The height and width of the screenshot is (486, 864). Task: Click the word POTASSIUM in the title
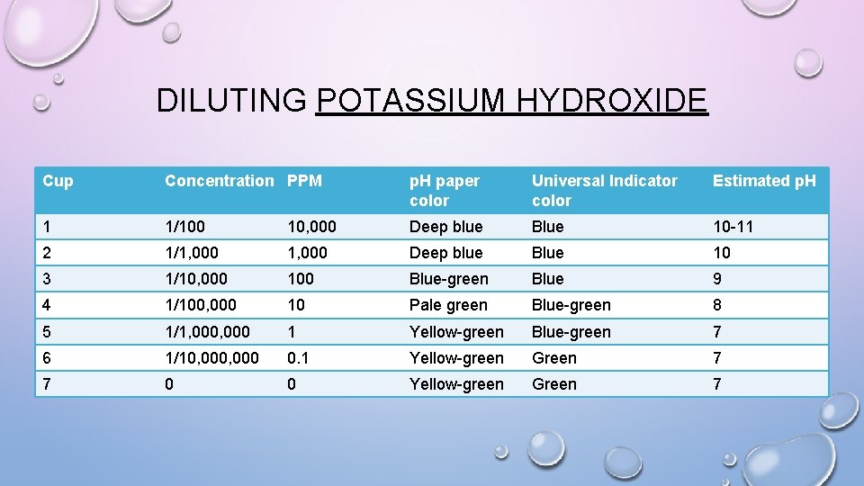tap(410, 100)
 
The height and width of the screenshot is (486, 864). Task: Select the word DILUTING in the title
tap(231, 100)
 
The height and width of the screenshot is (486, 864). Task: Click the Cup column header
tap(58, 181)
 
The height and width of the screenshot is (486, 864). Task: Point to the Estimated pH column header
tap(764, 181)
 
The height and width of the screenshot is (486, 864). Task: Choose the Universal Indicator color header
tap(604, 190)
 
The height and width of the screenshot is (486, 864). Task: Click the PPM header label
tap(304, 181)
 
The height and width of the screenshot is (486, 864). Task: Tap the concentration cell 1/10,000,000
tap(211, 358)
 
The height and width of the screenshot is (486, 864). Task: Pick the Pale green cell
tap(448, 305)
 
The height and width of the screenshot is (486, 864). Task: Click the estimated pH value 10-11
tap(733, 227)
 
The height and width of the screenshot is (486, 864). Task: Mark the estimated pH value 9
tap(718, 279)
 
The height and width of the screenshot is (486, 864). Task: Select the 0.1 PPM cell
tap(299, 358)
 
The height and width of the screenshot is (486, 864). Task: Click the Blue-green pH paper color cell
tap(448, 279)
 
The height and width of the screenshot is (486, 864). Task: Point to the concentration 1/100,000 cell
tap(201, 305)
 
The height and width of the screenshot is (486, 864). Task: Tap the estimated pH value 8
tap(718, 305)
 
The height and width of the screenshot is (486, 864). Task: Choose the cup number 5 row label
tap(47, 332)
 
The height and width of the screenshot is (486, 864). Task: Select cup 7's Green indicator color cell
tap(554, 384)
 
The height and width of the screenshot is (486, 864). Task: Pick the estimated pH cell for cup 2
tap(722, 253)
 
